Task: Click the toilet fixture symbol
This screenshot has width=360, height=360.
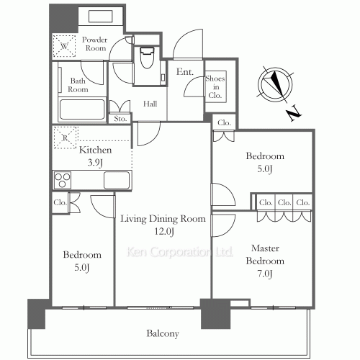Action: pos(147,58)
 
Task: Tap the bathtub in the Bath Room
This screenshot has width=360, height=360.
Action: pos(82,109)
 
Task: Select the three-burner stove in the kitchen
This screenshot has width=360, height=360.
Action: pos(63,180)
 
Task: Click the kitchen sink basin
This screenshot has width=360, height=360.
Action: pos(117,180)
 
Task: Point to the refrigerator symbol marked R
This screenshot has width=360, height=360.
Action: pos(65,138)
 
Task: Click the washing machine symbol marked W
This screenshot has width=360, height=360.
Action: pos(64,46)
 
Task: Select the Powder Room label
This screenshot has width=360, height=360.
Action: pos(94,44)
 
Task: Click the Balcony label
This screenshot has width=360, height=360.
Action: pos(163,333)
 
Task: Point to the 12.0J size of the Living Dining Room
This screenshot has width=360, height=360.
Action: pos(164,232)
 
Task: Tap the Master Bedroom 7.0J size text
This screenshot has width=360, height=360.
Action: pos(265,274)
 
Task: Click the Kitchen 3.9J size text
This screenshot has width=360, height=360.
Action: pos(95,163)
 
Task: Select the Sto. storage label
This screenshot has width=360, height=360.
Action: pos(120,119)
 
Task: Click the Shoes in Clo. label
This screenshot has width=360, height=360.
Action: pos(215,87)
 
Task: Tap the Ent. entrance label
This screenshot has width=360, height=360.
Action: pos(185,71)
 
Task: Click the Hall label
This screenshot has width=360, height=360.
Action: pos(150,104)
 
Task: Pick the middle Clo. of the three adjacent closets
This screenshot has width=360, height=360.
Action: pos(284,202)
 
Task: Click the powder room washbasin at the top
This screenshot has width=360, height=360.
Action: pos(101,16)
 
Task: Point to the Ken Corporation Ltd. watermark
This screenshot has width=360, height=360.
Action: pos(179,252)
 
